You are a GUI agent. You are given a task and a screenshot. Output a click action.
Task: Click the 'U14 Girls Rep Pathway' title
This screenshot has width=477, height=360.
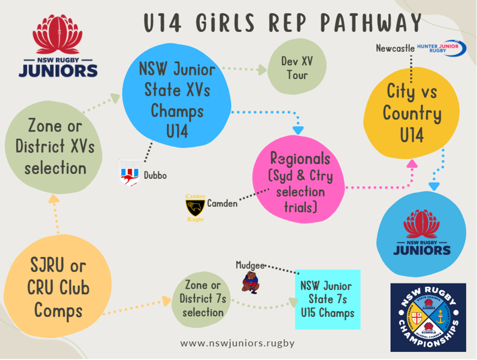pos(283,23)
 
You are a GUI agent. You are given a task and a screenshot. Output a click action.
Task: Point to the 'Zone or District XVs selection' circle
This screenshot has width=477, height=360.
pos(55,147)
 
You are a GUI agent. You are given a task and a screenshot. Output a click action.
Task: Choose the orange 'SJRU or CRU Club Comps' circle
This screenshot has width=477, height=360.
pos(58,288)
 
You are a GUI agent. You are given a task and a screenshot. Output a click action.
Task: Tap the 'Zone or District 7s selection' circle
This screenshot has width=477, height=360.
pos(203,298)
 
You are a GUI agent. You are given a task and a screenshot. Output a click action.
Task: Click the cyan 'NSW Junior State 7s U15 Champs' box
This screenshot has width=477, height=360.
pos(327,299)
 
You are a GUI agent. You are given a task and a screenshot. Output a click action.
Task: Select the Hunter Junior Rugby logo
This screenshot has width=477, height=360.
pos(440,47)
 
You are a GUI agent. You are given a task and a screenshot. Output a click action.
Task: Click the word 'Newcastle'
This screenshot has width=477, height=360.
pos(395,48)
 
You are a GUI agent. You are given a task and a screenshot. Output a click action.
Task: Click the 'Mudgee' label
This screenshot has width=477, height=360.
pos(250,264)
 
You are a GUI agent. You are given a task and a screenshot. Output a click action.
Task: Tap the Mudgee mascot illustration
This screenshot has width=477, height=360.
pos(250,282)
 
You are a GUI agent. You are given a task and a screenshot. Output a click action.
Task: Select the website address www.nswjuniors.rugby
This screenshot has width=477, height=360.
pos(237,343)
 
